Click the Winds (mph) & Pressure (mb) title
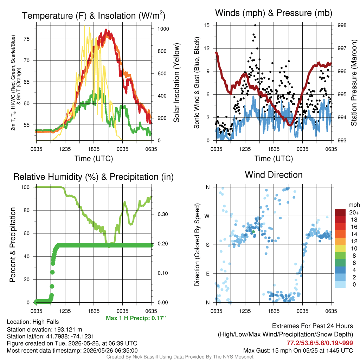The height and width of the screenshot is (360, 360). point(274,13)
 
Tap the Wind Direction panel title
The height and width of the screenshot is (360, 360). point(274,175)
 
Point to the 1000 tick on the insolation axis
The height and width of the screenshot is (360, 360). point(163,29)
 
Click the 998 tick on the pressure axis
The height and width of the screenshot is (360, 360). point(342,25)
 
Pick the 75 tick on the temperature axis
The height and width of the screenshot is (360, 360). point(27,39)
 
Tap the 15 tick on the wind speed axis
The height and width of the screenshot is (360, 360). point(207,25)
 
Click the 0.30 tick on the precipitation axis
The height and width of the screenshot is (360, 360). point(163,214)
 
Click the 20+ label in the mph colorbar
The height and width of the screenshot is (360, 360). point(354,212)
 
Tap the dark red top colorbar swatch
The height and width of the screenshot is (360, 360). point(340,212)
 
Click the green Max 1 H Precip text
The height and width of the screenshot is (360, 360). point(136,318)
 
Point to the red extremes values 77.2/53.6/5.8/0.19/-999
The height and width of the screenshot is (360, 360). point(320,343)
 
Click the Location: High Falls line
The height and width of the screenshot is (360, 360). point(33,322)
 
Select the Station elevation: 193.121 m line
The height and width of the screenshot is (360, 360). point(45,329)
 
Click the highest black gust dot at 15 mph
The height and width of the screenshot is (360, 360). point(255,25)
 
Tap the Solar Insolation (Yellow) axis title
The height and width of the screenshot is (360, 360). point(176,83)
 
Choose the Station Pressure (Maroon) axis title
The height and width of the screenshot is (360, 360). point(354,83)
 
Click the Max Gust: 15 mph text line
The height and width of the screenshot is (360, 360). point(298,351)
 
